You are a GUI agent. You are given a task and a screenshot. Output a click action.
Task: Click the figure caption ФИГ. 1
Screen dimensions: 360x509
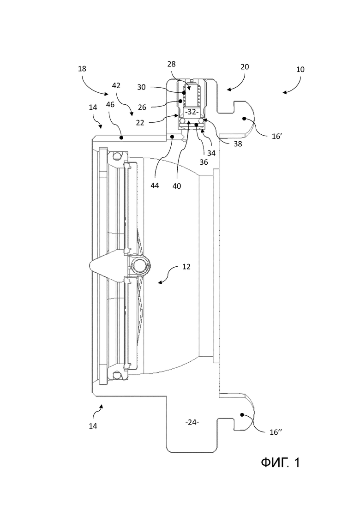(x=280, y=462)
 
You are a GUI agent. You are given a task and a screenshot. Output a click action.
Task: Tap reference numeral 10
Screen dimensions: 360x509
(x=300, y=69)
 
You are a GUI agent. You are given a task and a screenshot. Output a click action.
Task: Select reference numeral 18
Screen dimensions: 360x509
(x=82, y=68)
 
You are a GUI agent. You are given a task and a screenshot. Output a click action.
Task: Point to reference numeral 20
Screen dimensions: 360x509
(x=245, y=67)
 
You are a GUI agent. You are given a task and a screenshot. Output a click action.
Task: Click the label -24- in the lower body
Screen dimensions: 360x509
(x=192, y=422)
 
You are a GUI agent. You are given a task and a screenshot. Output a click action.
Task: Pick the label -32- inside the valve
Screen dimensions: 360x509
(x=192, y=112)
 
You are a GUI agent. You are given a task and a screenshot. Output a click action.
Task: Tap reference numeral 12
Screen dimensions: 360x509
(x=186, y=267)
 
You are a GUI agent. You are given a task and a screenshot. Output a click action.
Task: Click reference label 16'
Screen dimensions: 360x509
(x=277, y=136)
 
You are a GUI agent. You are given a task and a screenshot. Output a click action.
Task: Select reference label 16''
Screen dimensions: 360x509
(x=276, y=432)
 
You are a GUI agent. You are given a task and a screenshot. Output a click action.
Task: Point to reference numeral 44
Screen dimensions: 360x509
(x=155, y=186)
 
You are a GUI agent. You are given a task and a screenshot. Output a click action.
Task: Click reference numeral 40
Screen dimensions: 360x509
(x=177, y=186)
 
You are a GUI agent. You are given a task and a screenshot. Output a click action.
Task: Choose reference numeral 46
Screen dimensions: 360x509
(x=110, y=105)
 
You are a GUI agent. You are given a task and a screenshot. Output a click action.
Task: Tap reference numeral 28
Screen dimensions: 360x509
(x=171, y=64)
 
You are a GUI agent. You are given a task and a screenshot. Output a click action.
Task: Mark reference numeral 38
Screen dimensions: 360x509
(x=238, y=144)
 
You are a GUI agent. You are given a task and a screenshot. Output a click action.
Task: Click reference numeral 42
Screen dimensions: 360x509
(x=116, y=85)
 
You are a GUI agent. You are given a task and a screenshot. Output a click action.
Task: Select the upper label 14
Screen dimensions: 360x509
(x=93, y=107)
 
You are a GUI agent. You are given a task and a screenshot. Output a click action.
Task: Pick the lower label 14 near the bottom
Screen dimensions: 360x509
(x=93, y=425)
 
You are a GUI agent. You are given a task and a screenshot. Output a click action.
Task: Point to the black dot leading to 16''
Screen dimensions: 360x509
(x=241, y=414)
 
